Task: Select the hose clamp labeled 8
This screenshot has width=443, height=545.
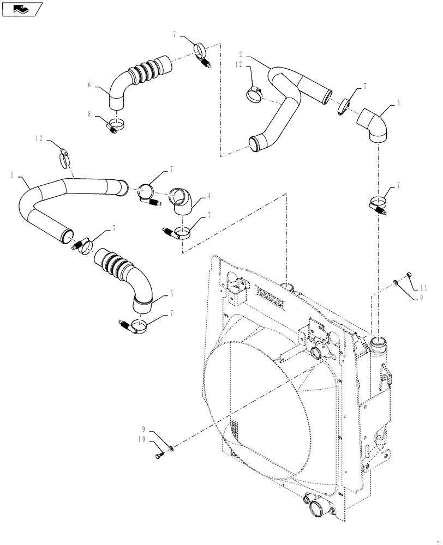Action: pyautogui.click(x=115, y=125)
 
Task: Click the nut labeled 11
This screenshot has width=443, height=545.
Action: pyautogui.click(x=409, y=276)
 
